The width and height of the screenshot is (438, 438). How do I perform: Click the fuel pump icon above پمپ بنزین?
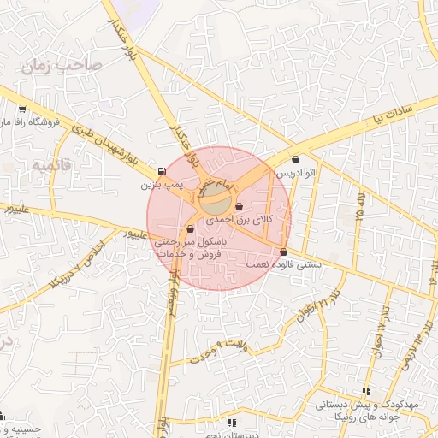[163, 171]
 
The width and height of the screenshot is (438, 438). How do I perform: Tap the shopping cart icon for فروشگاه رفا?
[21, 109]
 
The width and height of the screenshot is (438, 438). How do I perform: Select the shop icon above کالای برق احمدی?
[239, 207]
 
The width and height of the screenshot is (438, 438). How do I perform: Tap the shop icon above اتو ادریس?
[296, 159]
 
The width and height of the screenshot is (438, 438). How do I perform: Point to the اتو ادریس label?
[296, 173]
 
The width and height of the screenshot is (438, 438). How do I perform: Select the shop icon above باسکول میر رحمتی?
[190, 228]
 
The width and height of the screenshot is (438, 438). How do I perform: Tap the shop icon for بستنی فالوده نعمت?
[283, 252]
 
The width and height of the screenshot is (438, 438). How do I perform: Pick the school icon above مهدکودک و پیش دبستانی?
[366, 391]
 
